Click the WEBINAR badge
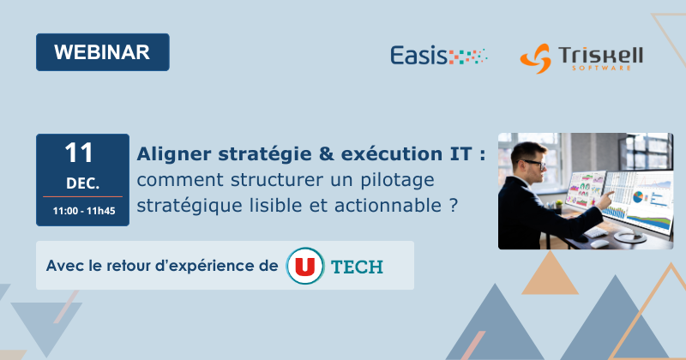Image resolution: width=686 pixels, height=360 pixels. [x=102, y=51]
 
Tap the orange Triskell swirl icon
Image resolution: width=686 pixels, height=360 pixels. [x=536, y=58]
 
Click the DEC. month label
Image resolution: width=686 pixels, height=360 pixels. [x=82, y=183]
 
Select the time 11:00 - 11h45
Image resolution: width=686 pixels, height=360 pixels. [x=82, y=210]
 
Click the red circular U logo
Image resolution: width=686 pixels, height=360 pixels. [x=303, y=265]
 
